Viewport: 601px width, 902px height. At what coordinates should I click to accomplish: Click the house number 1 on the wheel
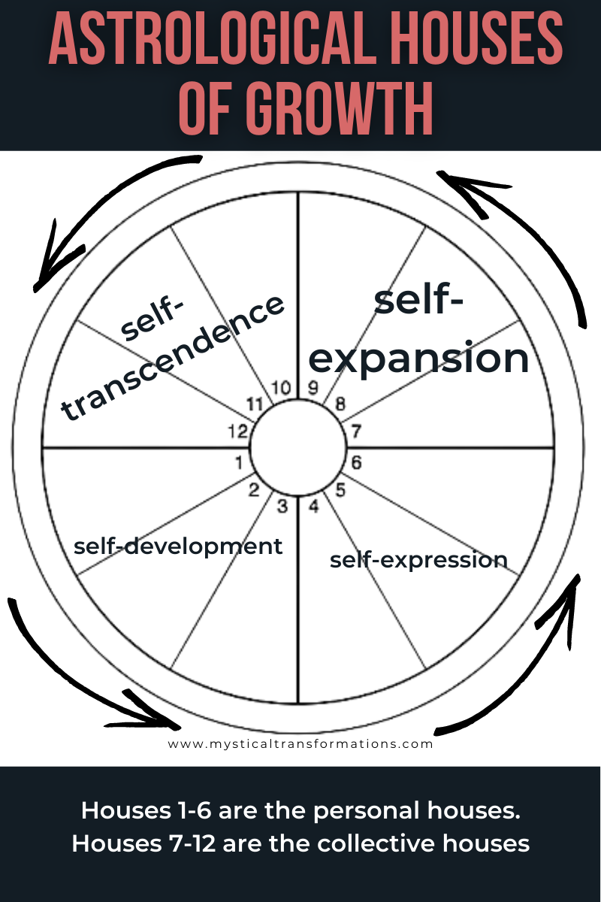[239, 462]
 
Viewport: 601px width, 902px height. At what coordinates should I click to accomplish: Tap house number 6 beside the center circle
[356, 462]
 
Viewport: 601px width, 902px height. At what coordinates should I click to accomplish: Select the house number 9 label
[313, 389]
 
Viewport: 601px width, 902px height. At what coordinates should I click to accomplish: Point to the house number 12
[237, 432]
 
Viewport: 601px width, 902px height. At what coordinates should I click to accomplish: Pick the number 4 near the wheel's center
[313, 506]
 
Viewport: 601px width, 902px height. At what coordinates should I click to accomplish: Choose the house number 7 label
[356, 431]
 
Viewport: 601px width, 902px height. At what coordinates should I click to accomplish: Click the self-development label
[178, 546]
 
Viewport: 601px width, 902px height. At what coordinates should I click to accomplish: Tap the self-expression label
[418, 560]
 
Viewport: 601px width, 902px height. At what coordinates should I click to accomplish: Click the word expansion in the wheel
[418, 358]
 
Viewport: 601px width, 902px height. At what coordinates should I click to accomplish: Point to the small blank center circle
[297, 448]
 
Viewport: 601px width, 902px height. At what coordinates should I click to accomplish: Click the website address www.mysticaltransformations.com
[300, 744]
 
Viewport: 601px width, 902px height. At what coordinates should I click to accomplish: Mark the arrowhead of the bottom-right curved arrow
[571, 594]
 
